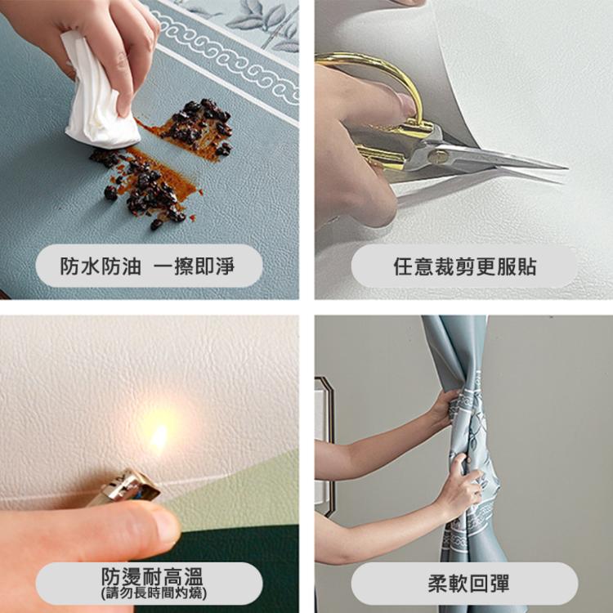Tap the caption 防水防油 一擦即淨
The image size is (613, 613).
pos(148,266)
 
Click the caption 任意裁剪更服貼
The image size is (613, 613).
pos(464,266)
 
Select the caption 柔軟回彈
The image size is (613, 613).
pos(464,584)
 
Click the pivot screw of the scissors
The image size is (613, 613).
pos(439,155)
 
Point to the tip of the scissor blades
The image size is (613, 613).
pos(564,168)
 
